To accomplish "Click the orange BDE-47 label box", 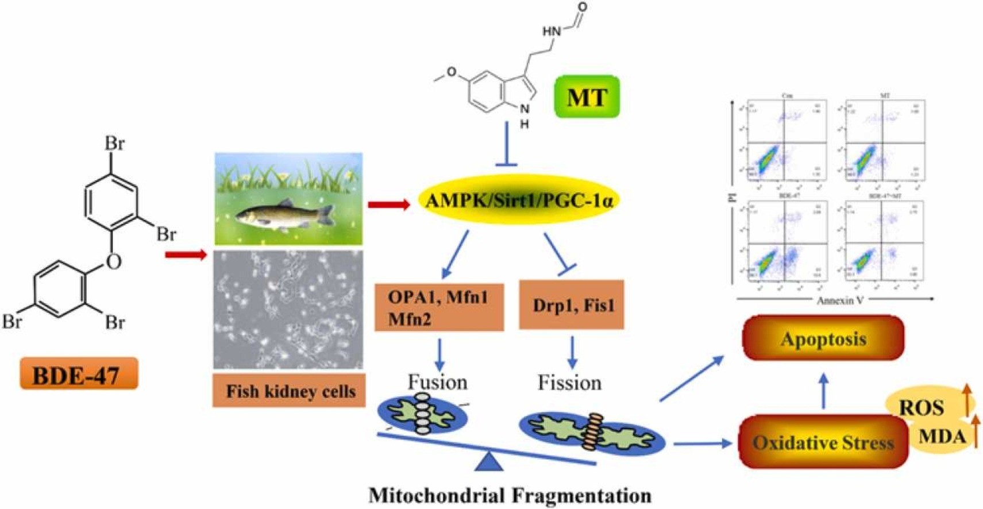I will tap(79, 374).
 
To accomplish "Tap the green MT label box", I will tap(587, 97).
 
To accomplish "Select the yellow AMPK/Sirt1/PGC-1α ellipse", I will tap(519, 200).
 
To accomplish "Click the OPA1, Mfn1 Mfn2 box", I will tap(439, 307).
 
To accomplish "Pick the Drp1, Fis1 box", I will tap(571, 304).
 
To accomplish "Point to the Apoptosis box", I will tap(823, 338).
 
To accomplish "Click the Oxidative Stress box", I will tap(823, 442).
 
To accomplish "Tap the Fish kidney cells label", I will tap(290, 391).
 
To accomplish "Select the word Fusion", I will tap(437, 382).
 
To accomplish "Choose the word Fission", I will tap(569, 382).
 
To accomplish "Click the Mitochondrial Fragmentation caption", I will tap(510, 495).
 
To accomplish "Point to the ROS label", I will tap(921, 407).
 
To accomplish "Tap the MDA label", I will tap(942, 437).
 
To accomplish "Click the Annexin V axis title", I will tap(840, 300).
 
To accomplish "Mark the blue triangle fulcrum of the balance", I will tap(489, 461).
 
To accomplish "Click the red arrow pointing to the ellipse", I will tap(389, 204).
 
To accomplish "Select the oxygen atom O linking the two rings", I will tap(114, 262).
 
